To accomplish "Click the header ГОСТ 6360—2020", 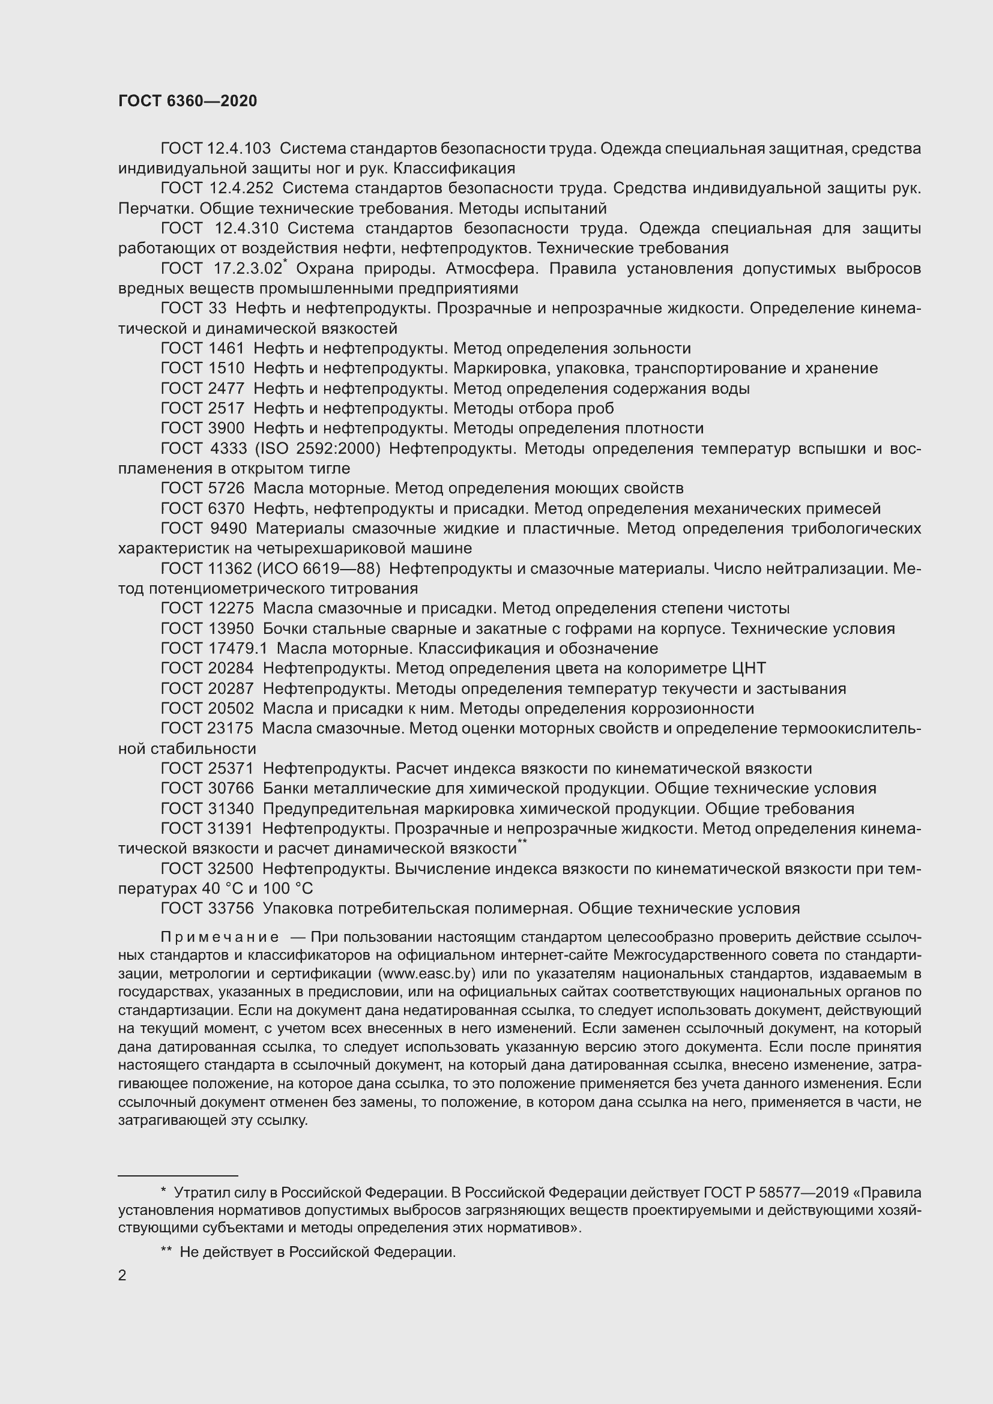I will point(187,101).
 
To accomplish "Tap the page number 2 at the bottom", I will point(122,1276).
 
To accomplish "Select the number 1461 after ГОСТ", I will point(226,349).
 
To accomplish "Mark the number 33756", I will point(231,909).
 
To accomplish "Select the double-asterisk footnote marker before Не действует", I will point(166,1252).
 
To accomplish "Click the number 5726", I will point(226,489).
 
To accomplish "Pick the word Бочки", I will point(285,628).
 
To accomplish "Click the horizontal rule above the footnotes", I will point(177,1175).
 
